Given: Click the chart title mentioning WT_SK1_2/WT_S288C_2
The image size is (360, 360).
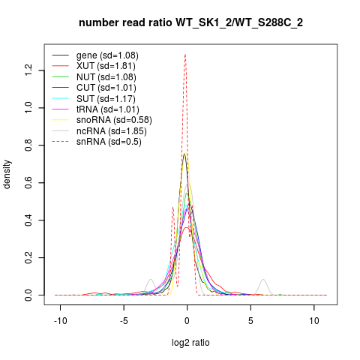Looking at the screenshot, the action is [190, 23].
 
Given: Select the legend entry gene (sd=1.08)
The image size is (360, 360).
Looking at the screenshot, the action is [107, 55].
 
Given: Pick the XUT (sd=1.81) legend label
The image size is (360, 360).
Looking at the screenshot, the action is [106, 66].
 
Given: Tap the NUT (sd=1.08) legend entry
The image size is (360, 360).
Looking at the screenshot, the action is [106, 77].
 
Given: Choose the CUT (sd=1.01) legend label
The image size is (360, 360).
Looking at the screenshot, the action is [106, 88].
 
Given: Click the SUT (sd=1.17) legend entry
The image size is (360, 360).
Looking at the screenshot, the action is [106, 99].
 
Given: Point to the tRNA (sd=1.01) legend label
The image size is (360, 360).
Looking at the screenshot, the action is [108, 109].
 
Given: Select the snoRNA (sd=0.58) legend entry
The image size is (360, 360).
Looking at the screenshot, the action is [114, 120].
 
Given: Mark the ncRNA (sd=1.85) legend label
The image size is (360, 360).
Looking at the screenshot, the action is [112, 131].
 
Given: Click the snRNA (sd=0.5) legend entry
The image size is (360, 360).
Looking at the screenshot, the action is [109, 142].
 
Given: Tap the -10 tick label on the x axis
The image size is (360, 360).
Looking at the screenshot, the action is [61, 321].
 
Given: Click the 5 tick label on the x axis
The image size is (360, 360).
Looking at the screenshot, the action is [250, 321].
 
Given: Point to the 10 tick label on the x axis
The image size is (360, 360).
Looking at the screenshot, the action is [314, 321].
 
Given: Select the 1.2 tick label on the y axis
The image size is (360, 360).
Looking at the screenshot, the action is [28, 70].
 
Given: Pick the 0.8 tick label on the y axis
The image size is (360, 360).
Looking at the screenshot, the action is [28, 145].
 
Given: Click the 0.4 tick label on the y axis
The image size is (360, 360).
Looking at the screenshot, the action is [28, 220].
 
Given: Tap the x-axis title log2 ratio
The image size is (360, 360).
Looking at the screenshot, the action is [190, 343].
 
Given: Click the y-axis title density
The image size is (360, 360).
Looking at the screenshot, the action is [7, 175].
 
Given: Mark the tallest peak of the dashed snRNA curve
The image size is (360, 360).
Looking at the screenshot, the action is [185, 55].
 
